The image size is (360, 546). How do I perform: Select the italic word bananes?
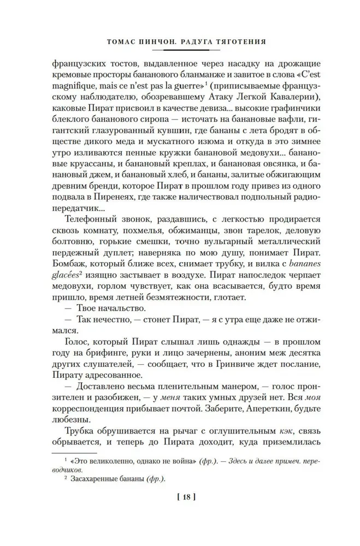tap(293, 269)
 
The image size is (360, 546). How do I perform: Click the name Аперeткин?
tap(253, 413)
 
